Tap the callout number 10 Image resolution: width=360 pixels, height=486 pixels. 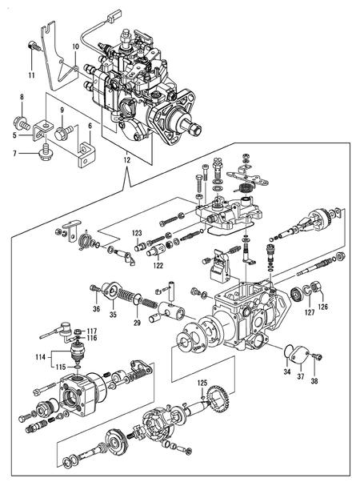75,47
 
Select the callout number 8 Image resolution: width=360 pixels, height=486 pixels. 22,97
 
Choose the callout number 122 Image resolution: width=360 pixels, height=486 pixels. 158,264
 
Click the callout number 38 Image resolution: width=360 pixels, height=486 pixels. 313,382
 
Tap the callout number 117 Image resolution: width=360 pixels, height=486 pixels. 92,331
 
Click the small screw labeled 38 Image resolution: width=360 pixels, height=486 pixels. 315,358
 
